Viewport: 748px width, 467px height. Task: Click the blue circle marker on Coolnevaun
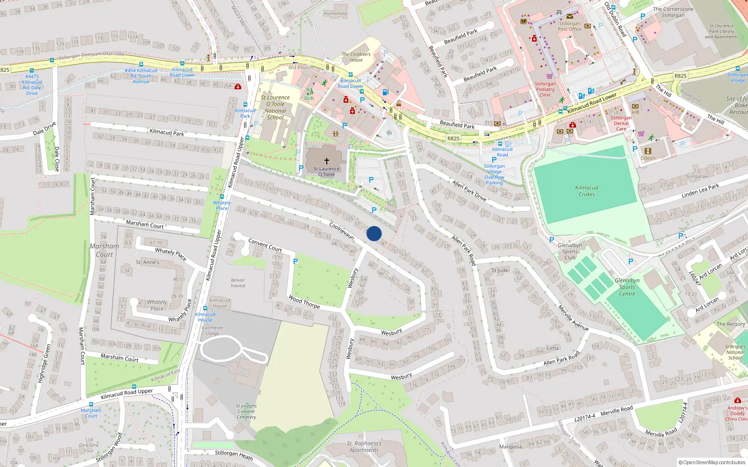point(374,233)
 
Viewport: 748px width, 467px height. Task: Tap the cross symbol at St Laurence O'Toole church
point(327,161)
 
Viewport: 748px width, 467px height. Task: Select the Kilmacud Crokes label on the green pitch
point(587,191)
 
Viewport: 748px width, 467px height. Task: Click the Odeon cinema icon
point(647,151)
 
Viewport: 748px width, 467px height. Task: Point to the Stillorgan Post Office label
point(569,26)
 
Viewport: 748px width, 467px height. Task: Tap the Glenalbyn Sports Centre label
point(627,287)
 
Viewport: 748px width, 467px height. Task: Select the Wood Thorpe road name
point(304,302)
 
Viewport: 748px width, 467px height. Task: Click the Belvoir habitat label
point(238,283)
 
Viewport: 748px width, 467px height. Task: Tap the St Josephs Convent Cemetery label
point(246,411)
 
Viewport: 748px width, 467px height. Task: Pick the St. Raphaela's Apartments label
point(364,446)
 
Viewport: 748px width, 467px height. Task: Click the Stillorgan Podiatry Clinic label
point(545,89)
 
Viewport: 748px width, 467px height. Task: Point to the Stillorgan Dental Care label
point(621,123)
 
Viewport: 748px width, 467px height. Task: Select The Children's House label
point(356,57)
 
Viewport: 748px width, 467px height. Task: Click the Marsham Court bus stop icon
point(91,404)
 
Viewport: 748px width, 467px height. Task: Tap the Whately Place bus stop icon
point(222,197)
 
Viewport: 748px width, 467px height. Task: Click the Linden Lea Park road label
point(700,191)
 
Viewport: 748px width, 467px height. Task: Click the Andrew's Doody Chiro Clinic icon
point(737,400)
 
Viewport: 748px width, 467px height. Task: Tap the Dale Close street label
point(57,159)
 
